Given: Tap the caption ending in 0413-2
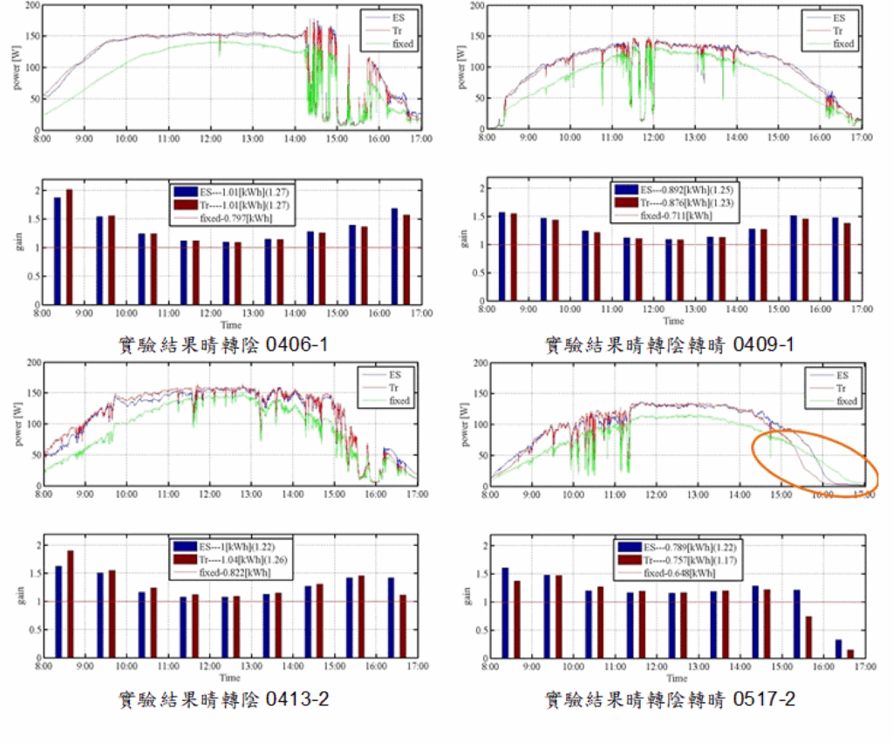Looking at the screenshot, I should tap(224, 698).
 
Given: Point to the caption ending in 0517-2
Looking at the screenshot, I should tap(669, 698).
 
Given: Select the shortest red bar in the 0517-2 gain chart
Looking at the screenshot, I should tap(850, 652).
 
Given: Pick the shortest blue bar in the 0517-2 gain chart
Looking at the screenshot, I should tap(838, 648).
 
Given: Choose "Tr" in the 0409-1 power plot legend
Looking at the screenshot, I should tap(839, 31).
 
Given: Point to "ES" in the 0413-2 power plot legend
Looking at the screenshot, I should tap(395, 375).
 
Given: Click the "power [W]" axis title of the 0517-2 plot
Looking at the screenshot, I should tap(461, 423).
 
